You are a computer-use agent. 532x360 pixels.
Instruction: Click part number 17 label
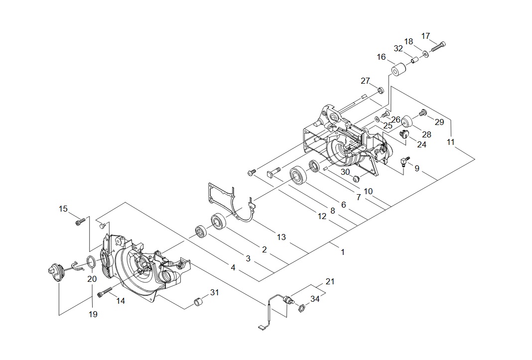[x=425, y=36]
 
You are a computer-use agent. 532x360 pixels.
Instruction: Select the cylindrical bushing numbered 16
[x=398, y=70]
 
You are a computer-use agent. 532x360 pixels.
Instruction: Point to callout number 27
[x=366, y=81]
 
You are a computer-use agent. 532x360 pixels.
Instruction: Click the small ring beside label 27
[x=380, y=91]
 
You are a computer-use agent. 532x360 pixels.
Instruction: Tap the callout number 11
[x=450, y=142]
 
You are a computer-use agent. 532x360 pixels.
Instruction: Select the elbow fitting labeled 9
[x=404, y=161]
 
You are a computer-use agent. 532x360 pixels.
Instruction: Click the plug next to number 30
[x=356, y=179]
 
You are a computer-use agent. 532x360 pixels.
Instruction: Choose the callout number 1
[x=343, y=252]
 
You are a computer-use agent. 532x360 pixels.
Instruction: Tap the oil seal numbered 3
[x=201, y=232]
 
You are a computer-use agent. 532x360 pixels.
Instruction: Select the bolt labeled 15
[x=78, y=222]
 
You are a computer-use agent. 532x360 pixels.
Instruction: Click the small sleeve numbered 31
[x=199, y=302]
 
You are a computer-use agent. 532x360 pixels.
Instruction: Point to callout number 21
[x=330, y=282]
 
